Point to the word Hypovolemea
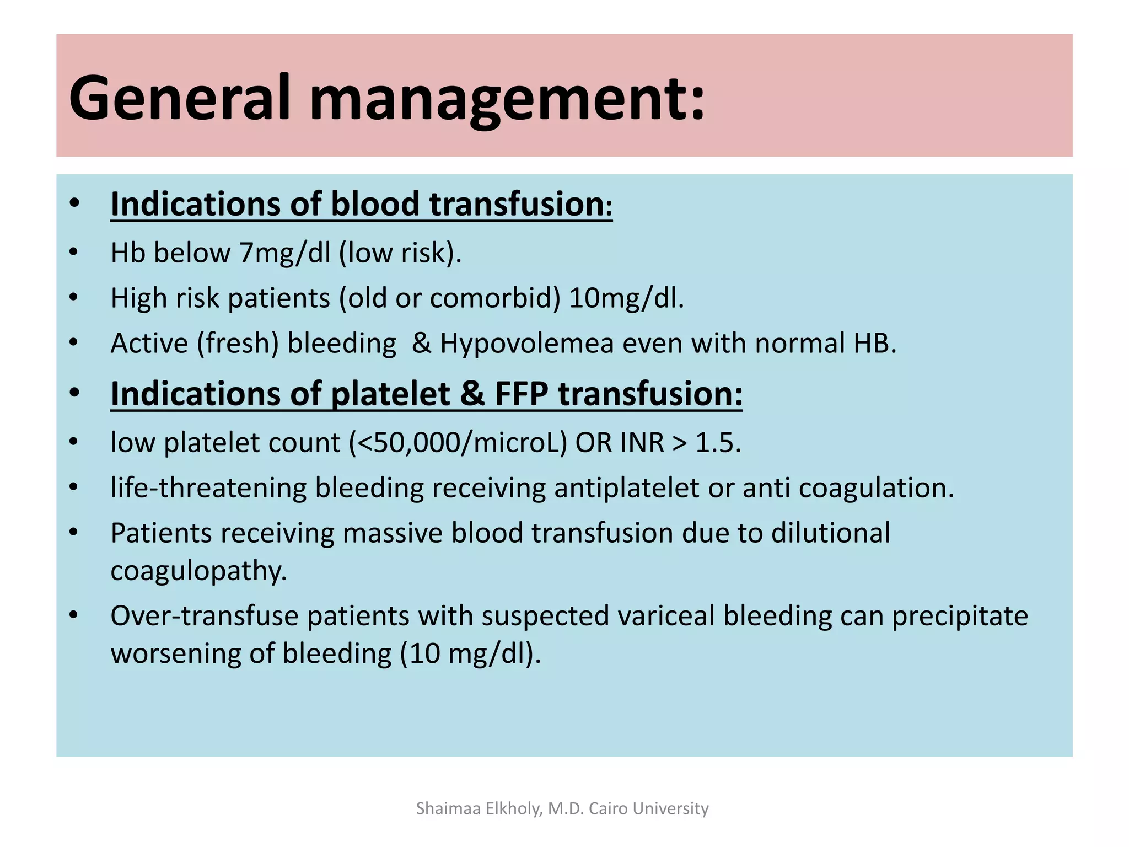pos(526,344)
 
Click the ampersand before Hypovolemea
pos(421,344)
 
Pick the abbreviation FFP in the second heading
pos(521,394)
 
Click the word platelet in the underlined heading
pos(390,394)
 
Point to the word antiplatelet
pos(627,488)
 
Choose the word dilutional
pos(830,533)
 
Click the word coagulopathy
pos(198,571)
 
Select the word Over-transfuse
pos(204,616)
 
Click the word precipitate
pos(960,616)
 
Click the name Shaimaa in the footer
pos(448,808)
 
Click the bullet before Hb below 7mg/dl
pos(74,253)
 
